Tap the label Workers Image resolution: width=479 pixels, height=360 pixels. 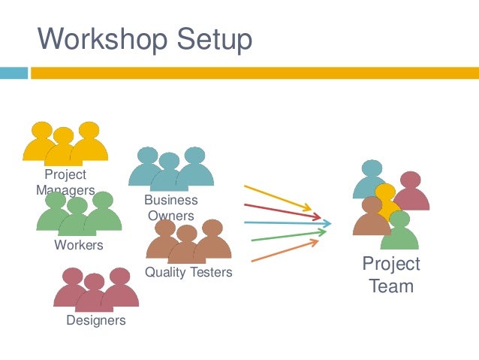coord(79,245)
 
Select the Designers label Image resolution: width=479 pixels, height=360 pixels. coord(96,321)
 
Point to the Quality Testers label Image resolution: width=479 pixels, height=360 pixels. coord(188,272)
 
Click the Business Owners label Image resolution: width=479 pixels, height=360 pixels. coord(171,208)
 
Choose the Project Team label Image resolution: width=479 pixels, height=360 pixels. coord(391,275)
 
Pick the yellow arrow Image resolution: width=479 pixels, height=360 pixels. coord(277,196)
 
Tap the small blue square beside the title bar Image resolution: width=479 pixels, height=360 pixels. coord(14,73)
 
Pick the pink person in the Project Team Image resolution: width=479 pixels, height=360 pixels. coord(411,194)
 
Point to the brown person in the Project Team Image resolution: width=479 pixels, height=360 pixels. coord(372,219)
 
